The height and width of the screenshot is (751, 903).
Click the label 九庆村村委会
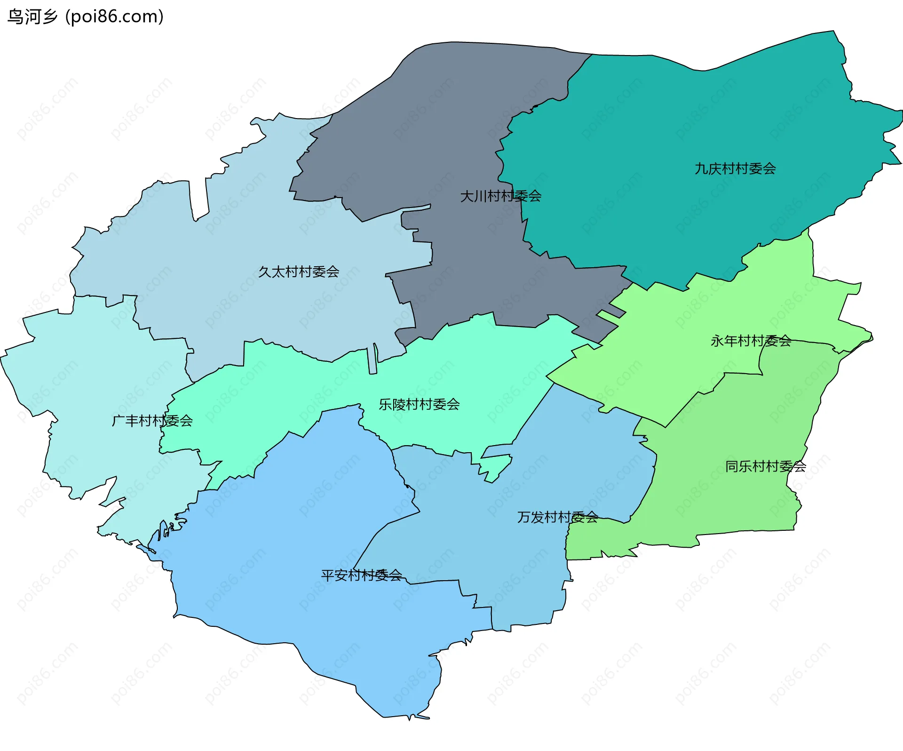coord(735,168)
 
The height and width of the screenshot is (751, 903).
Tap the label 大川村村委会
coord(500,196)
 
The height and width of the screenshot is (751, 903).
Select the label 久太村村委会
coord(299,272)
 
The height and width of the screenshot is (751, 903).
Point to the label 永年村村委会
coord(751,341)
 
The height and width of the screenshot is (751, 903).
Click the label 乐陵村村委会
coord(419,404)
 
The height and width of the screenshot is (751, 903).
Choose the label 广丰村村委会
coord(152,421)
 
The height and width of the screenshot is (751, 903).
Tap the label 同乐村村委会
coord(765,466)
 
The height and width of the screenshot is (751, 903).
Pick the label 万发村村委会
coord(557,517)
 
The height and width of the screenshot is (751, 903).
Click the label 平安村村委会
coord(361,575)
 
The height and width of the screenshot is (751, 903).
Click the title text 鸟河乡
coord(32,16)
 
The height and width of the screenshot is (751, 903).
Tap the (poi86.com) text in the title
coord(114,16)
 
